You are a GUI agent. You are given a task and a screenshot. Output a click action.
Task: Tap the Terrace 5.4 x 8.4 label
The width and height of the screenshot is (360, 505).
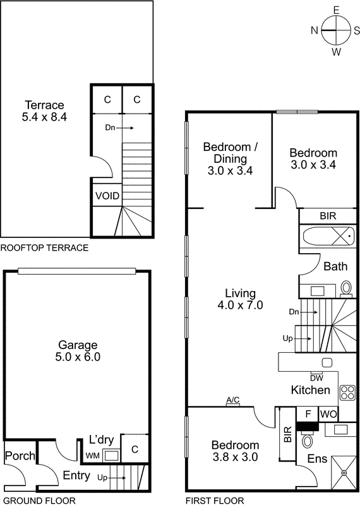coord(44,110)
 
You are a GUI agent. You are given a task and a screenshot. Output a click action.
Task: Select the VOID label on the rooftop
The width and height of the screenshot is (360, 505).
coord(107,195)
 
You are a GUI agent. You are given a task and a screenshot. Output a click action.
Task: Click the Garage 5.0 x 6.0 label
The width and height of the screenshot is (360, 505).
coord(78,350)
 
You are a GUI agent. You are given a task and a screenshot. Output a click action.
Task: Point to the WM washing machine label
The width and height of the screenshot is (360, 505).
coord(93,456)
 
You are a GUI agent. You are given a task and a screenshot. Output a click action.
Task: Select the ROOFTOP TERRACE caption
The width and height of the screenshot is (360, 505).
coord(44,247)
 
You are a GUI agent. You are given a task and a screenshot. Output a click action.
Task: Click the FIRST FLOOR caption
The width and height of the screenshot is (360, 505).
coord(215,501)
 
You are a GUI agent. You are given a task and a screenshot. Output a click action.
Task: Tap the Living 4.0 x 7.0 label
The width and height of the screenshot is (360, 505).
coord(241,299)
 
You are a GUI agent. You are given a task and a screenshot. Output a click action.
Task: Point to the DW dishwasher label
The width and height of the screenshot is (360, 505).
coord(316,377)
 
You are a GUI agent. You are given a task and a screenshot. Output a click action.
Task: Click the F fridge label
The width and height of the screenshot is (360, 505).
coord(308,414)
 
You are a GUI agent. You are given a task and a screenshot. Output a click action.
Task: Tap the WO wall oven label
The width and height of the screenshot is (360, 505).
coord(328,414)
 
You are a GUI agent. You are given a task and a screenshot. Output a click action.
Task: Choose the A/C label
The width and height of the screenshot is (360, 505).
coord(233,400)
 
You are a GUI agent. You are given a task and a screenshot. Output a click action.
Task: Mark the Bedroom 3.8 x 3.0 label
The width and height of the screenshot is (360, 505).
coord(234,451)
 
